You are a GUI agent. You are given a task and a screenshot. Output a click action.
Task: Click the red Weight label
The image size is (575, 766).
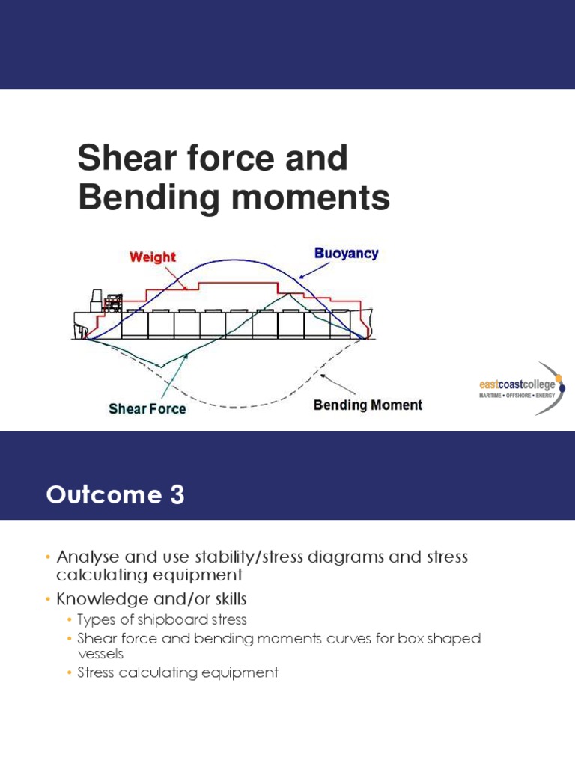tap(152, 257)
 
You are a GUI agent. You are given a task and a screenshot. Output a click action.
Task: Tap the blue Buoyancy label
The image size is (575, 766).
tap(346, 253)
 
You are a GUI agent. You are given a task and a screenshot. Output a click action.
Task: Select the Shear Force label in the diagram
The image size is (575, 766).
tap(147, 409)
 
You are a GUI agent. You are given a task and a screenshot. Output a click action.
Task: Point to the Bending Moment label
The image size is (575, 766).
tap(368, 405)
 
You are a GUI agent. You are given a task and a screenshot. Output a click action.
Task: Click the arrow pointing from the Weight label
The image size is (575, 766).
tap(177, 278)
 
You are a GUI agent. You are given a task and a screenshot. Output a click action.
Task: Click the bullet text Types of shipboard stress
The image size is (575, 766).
tap(162, 620)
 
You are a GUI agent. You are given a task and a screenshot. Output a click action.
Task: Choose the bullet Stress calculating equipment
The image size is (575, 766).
tap(177, 672)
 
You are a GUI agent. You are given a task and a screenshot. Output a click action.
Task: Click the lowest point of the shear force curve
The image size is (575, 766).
tap(159, 367)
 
